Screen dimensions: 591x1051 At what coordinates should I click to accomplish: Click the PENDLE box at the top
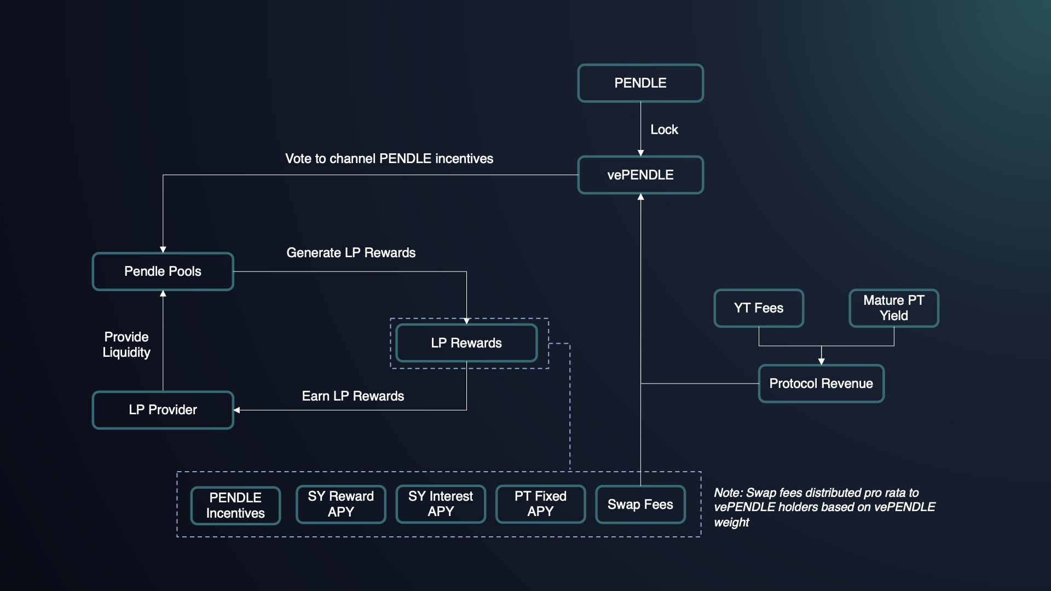pos(640,83)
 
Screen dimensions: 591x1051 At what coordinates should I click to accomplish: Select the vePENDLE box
pos(640,175)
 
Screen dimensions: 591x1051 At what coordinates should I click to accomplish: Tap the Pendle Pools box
pos(163,271)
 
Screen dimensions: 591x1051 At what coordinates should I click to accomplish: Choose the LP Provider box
pos(163,410)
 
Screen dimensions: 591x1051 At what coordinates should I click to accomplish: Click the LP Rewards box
pos(466,343)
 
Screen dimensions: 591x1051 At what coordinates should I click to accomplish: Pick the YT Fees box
pos(759,308)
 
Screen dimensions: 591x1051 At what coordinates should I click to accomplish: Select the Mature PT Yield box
pos(894,308)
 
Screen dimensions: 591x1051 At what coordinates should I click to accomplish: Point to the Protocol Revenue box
pos(821,384)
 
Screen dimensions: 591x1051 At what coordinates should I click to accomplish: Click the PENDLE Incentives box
pos(235,505)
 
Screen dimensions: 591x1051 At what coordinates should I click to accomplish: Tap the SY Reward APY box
pos(340,504)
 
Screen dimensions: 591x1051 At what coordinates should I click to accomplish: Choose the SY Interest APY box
pos(441,504)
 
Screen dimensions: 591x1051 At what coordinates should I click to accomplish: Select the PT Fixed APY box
pos(540,504)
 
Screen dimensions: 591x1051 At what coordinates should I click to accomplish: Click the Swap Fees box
pos(640,505)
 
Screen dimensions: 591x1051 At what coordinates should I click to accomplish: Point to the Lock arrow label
pos(664,130)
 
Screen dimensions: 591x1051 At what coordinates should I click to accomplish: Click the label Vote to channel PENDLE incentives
pos(389,159)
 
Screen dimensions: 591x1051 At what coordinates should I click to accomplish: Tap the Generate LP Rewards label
pos(351,253)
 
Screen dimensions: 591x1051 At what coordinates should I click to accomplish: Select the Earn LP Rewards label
pos(353,396)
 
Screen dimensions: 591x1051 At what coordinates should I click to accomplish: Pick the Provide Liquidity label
pos(126,345)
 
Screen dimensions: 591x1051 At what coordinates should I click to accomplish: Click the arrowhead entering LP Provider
pos(237,410)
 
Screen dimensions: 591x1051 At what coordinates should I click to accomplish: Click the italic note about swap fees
pos(824,507)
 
